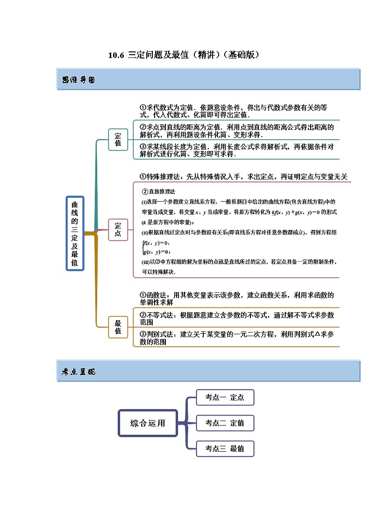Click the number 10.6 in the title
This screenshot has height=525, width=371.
(116, 55)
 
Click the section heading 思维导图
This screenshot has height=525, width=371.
(78, 80)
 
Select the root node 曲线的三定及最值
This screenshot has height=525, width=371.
(75, 233)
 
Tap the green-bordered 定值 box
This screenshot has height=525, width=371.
(118, 139)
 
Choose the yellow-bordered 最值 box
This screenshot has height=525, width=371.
(118, 327)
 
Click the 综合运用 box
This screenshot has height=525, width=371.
(148, 424)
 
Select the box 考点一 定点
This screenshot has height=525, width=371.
(225, 398)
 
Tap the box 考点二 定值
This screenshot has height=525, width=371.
(225, 423)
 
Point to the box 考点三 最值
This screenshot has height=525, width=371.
(225, 449)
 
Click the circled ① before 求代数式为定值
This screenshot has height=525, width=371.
(143, 107)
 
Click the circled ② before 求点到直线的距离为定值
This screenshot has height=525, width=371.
(143, 127)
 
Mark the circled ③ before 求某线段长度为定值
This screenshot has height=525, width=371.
(143, 146)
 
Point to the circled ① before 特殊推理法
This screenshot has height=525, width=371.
(143, 176)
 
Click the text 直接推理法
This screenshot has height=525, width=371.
(162, 192)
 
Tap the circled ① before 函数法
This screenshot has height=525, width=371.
(143, 295)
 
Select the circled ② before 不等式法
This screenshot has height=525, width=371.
(143, 315)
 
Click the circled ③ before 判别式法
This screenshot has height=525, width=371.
(143, 334)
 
